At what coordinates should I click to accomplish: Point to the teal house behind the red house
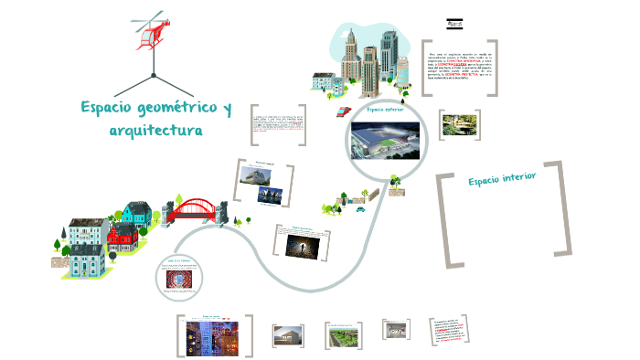[135, 216]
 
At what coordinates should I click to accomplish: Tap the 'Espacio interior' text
[501, 178]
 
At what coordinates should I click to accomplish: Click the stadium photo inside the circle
[384, 141]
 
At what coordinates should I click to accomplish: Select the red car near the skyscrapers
[343, 111]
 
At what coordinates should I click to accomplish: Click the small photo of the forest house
[456, 125]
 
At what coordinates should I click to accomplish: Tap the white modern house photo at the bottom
[287, 335]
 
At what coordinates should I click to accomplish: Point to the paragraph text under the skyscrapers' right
[461, 67]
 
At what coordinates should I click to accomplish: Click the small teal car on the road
[360, 208]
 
